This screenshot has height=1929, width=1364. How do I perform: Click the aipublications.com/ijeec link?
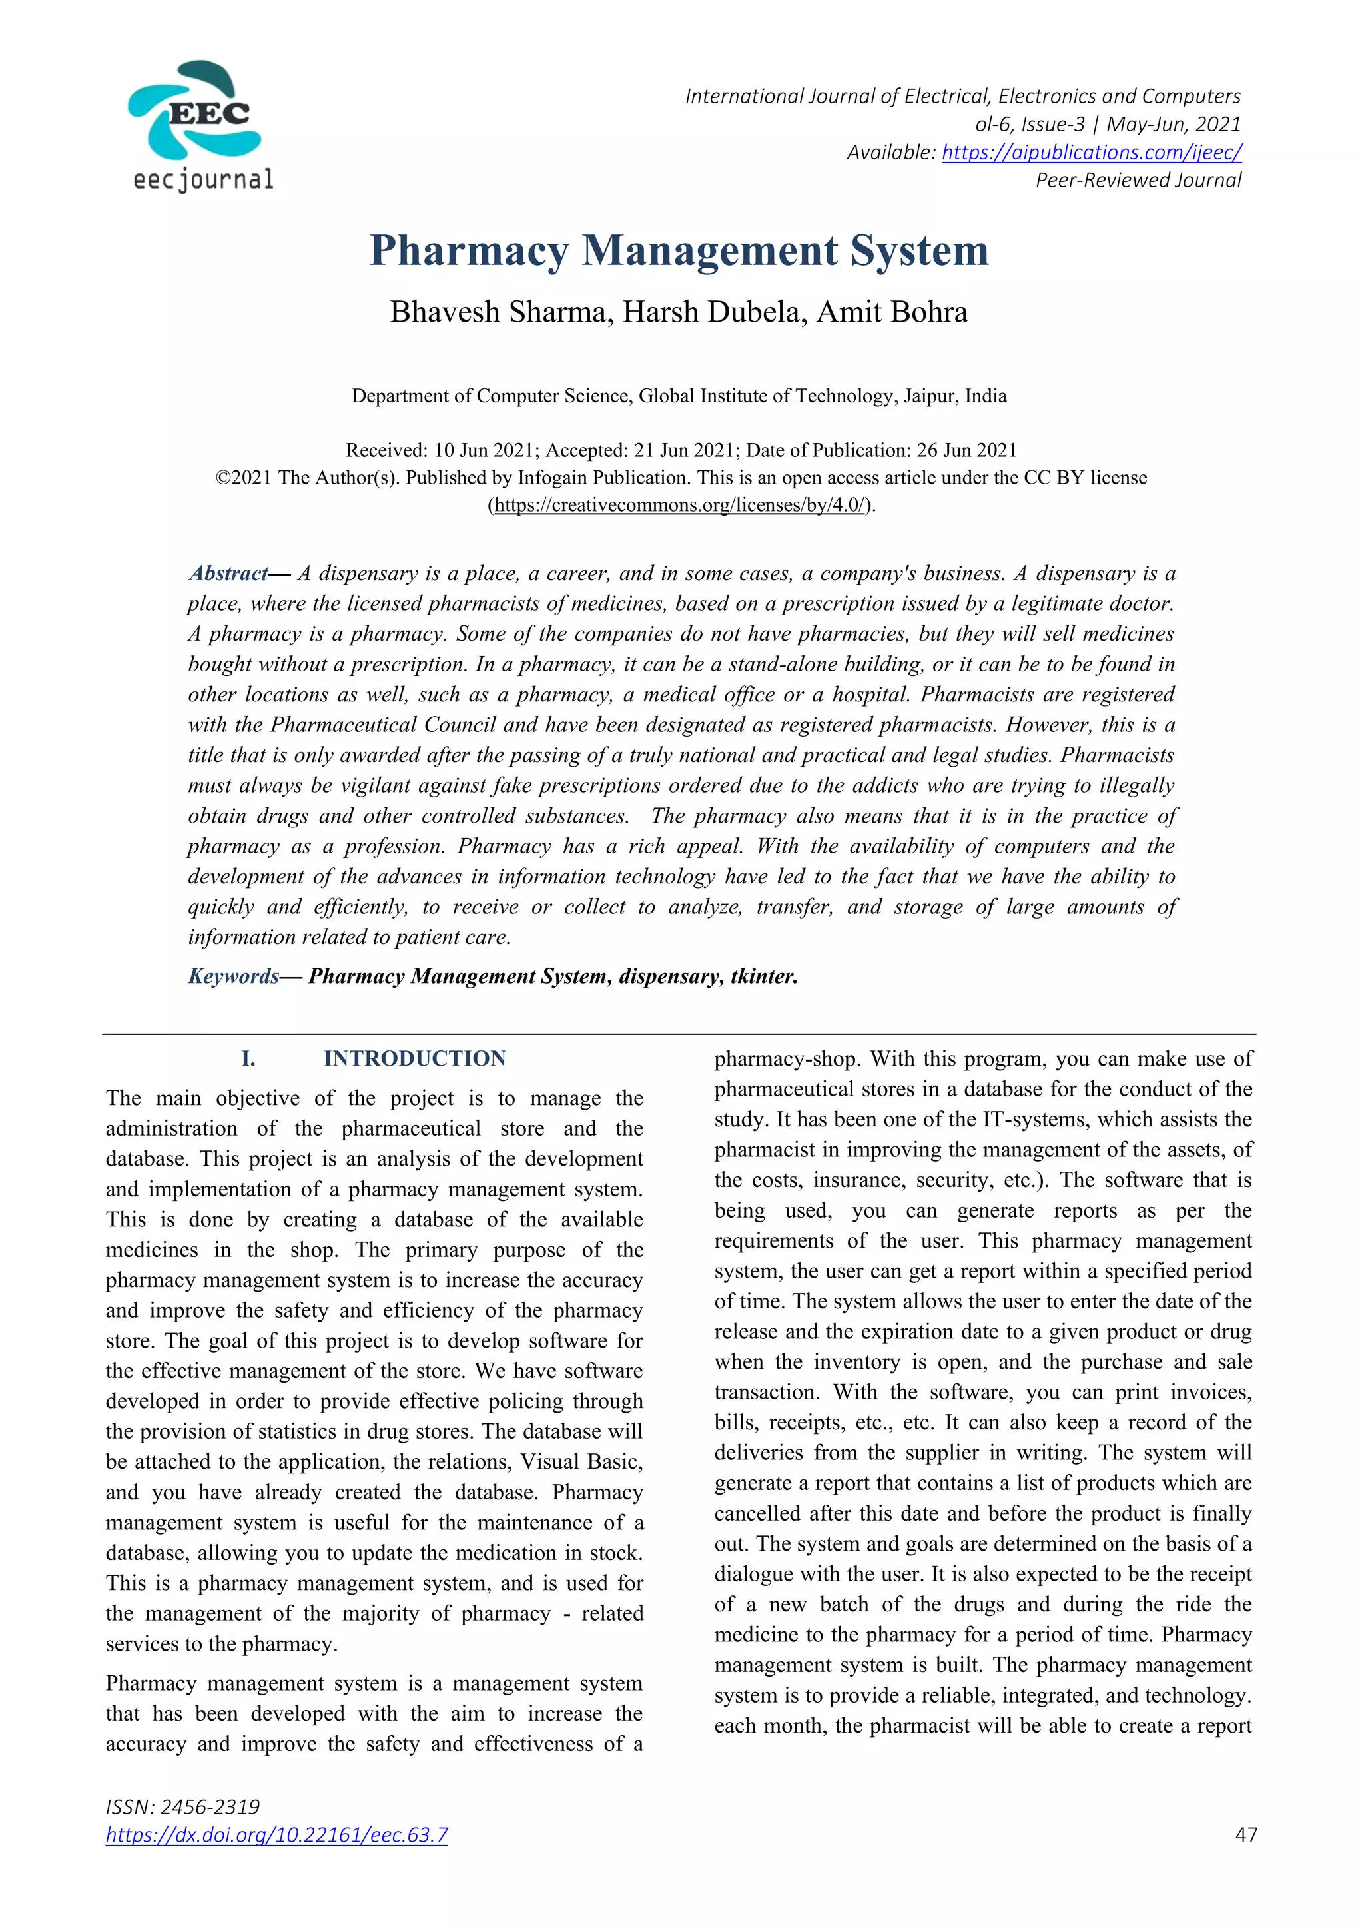[1091, 152]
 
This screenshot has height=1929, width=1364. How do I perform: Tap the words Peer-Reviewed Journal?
[1138, 180]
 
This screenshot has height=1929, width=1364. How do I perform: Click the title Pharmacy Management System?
[679, 250]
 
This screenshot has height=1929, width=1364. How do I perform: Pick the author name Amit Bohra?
[892, 312]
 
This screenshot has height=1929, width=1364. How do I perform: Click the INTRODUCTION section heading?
[415, 1058]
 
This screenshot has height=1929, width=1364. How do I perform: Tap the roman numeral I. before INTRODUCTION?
[248, 1058]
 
